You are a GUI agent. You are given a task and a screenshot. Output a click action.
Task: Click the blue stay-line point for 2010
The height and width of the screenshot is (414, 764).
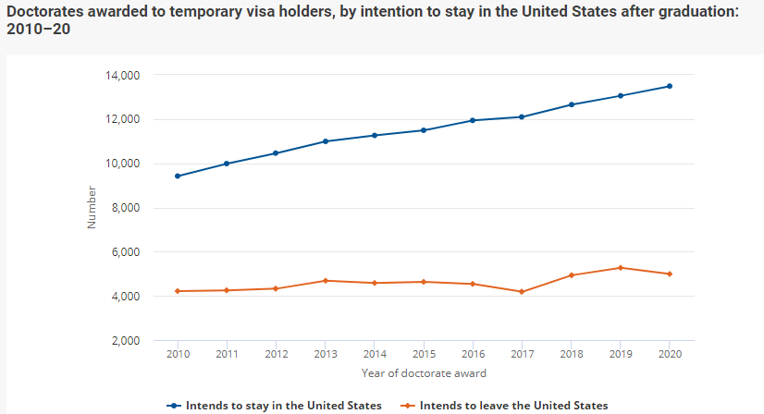(x=177, y=176)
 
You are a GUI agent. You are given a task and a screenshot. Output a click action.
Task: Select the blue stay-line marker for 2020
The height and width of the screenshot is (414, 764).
(x=670, y=86)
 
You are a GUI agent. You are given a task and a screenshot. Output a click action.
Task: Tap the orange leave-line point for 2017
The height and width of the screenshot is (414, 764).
(x=522, y=292)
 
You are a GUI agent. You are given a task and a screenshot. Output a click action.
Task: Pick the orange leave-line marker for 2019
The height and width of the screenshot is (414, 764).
(x=621, y=268)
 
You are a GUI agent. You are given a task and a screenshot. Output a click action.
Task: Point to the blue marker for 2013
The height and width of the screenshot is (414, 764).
(x=325, y=141)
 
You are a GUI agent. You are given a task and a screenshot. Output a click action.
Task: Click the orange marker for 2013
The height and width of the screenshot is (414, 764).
(x=325, y=280)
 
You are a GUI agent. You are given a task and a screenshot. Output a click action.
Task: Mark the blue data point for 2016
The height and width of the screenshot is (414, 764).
(x=473, y=120)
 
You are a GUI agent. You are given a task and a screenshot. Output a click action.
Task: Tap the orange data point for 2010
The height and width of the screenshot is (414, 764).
(x=177, y=291)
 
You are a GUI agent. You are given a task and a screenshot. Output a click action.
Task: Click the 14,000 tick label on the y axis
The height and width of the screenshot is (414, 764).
(x=121, y=75)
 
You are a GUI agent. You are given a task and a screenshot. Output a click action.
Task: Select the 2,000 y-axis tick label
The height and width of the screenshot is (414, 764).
(x=124, y=341)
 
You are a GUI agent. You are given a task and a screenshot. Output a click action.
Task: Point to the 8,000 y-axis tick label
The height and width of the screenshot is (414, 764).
(x=124, y=208)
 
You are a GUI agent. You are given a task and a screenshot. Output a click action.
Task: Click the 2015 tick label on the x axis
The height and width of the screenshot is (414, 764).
(x=424, y=355)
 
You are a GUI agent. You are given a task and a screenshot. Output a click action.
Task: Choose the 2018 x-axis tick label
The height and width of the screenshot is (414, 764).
(x=571, y=355)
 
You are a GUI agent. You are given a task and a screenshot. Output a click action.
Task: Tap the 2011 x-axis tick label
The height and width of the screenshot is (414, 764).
(x=227, y=355)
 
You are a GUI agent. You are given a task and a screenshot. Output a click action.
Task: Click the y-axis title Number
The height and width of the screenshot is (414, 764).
(x=91, y=207)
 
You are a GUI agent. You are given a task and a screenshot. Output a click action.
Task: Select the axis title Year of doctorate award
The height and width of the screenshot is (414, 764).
(x=424, y=373)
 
